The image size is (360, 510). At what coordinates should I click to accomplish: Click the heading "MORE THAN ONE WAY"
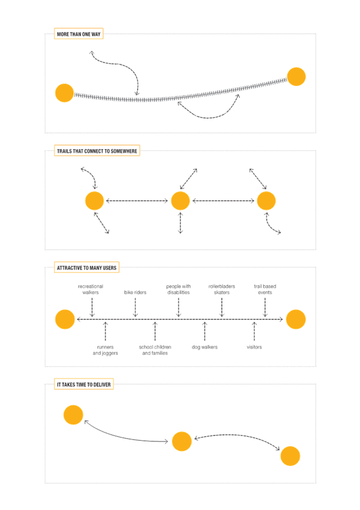79,34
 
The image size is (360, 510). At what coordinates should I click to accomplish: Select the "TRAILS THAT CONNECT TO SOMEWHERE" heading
97,151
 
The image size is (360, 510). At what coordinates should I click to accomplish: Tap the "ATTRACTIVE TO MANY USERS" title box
87,268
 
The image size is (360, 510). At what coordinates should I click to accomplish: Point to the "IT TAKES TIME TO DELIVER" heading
84,384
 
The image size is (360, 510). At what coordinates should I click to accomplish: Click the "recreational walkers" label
90,289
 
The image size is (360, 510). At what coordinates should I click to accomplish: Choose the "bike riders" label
135,292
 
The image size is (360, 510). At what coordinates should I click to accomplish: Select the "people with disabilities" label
178,289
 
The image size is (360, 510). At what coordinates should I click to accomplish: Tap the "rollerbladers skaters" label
222,289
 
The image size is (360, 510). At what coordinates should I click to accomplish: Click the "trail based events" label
265,289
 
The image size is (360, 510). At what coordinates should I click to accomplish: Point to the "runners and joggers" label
105,350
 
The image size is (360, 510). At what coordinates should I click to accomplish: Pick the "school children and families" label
155,350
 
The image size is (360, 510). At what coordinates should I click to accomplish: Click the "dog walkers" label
205,347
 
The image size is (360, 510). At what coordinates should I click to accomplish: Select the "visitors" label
254,347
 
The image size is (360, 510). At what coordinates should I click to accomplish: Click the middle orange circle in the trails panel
180,201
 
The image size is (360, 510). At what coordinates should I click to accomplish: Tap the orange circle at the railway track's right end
296,77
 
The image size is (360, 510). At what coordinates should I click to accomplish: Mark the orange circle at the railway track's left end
64,93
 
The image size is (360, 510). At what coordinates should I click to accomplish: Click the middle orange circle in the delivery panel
182,441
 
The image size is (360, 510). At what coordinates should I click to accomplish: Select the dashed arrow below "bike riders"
135,307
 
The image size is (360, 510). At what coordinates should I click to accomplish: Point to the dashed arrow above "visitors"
254,331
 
